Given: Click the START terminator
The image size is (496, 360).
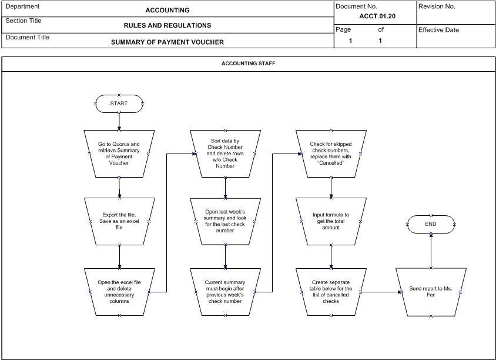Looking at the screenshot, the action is click(119, 104).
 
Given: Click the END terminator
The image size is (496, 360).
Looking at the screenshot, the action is click(431, 224).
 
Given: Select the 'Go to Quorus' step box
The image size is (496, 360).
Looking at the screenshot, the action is click(119, 154).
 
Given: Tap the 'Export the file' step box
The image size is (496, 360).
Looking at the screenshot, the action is click(119, 221).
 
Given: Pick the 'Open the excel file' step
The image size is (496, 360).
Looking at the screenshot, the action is click(119, 292).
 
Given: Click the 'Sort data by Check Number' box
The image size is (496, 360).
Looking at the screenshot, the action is click(225, 154).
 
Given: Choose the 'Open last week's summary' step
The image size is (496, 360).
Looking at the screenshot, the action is click(225, 221).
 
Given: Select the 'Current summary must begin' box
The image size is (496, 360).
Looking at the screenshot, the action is click(225, 292).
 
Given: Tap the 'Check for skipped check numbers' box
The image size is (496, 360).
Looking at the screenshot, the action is click(331, 154).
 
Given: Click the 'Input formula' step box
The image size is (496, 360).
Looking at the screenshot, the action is click(331, 221).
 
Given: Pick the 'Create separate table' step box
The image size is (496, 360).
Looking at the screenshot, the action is click(331, 292).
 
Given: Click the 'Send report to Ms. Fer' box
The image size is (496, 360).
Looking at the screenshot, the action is click(431, 292).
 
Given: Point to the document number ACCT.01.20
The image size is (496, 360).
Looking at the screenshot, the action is click(377, 16).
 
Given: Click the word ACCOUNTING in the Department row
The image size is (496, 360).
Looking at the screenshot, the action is click(167, 10).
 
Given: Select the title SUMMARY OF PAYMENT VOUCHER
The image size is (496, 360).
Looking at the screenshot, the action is click(167, 42).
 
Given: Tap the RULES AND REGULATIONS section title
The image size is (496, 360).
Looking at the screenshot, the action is click(167, 25).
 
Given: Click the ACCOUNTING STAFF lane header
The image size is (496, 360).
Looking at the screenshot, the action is click(249, 64).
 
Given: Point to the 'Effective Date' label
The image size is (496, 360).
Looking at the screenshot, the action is click(438, 30).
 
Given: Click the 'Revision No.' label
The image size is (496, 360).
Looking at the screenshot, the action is click(437, 6).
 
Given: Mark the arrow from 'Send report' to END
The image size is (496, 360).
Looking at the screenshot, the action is click(431, 251).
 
